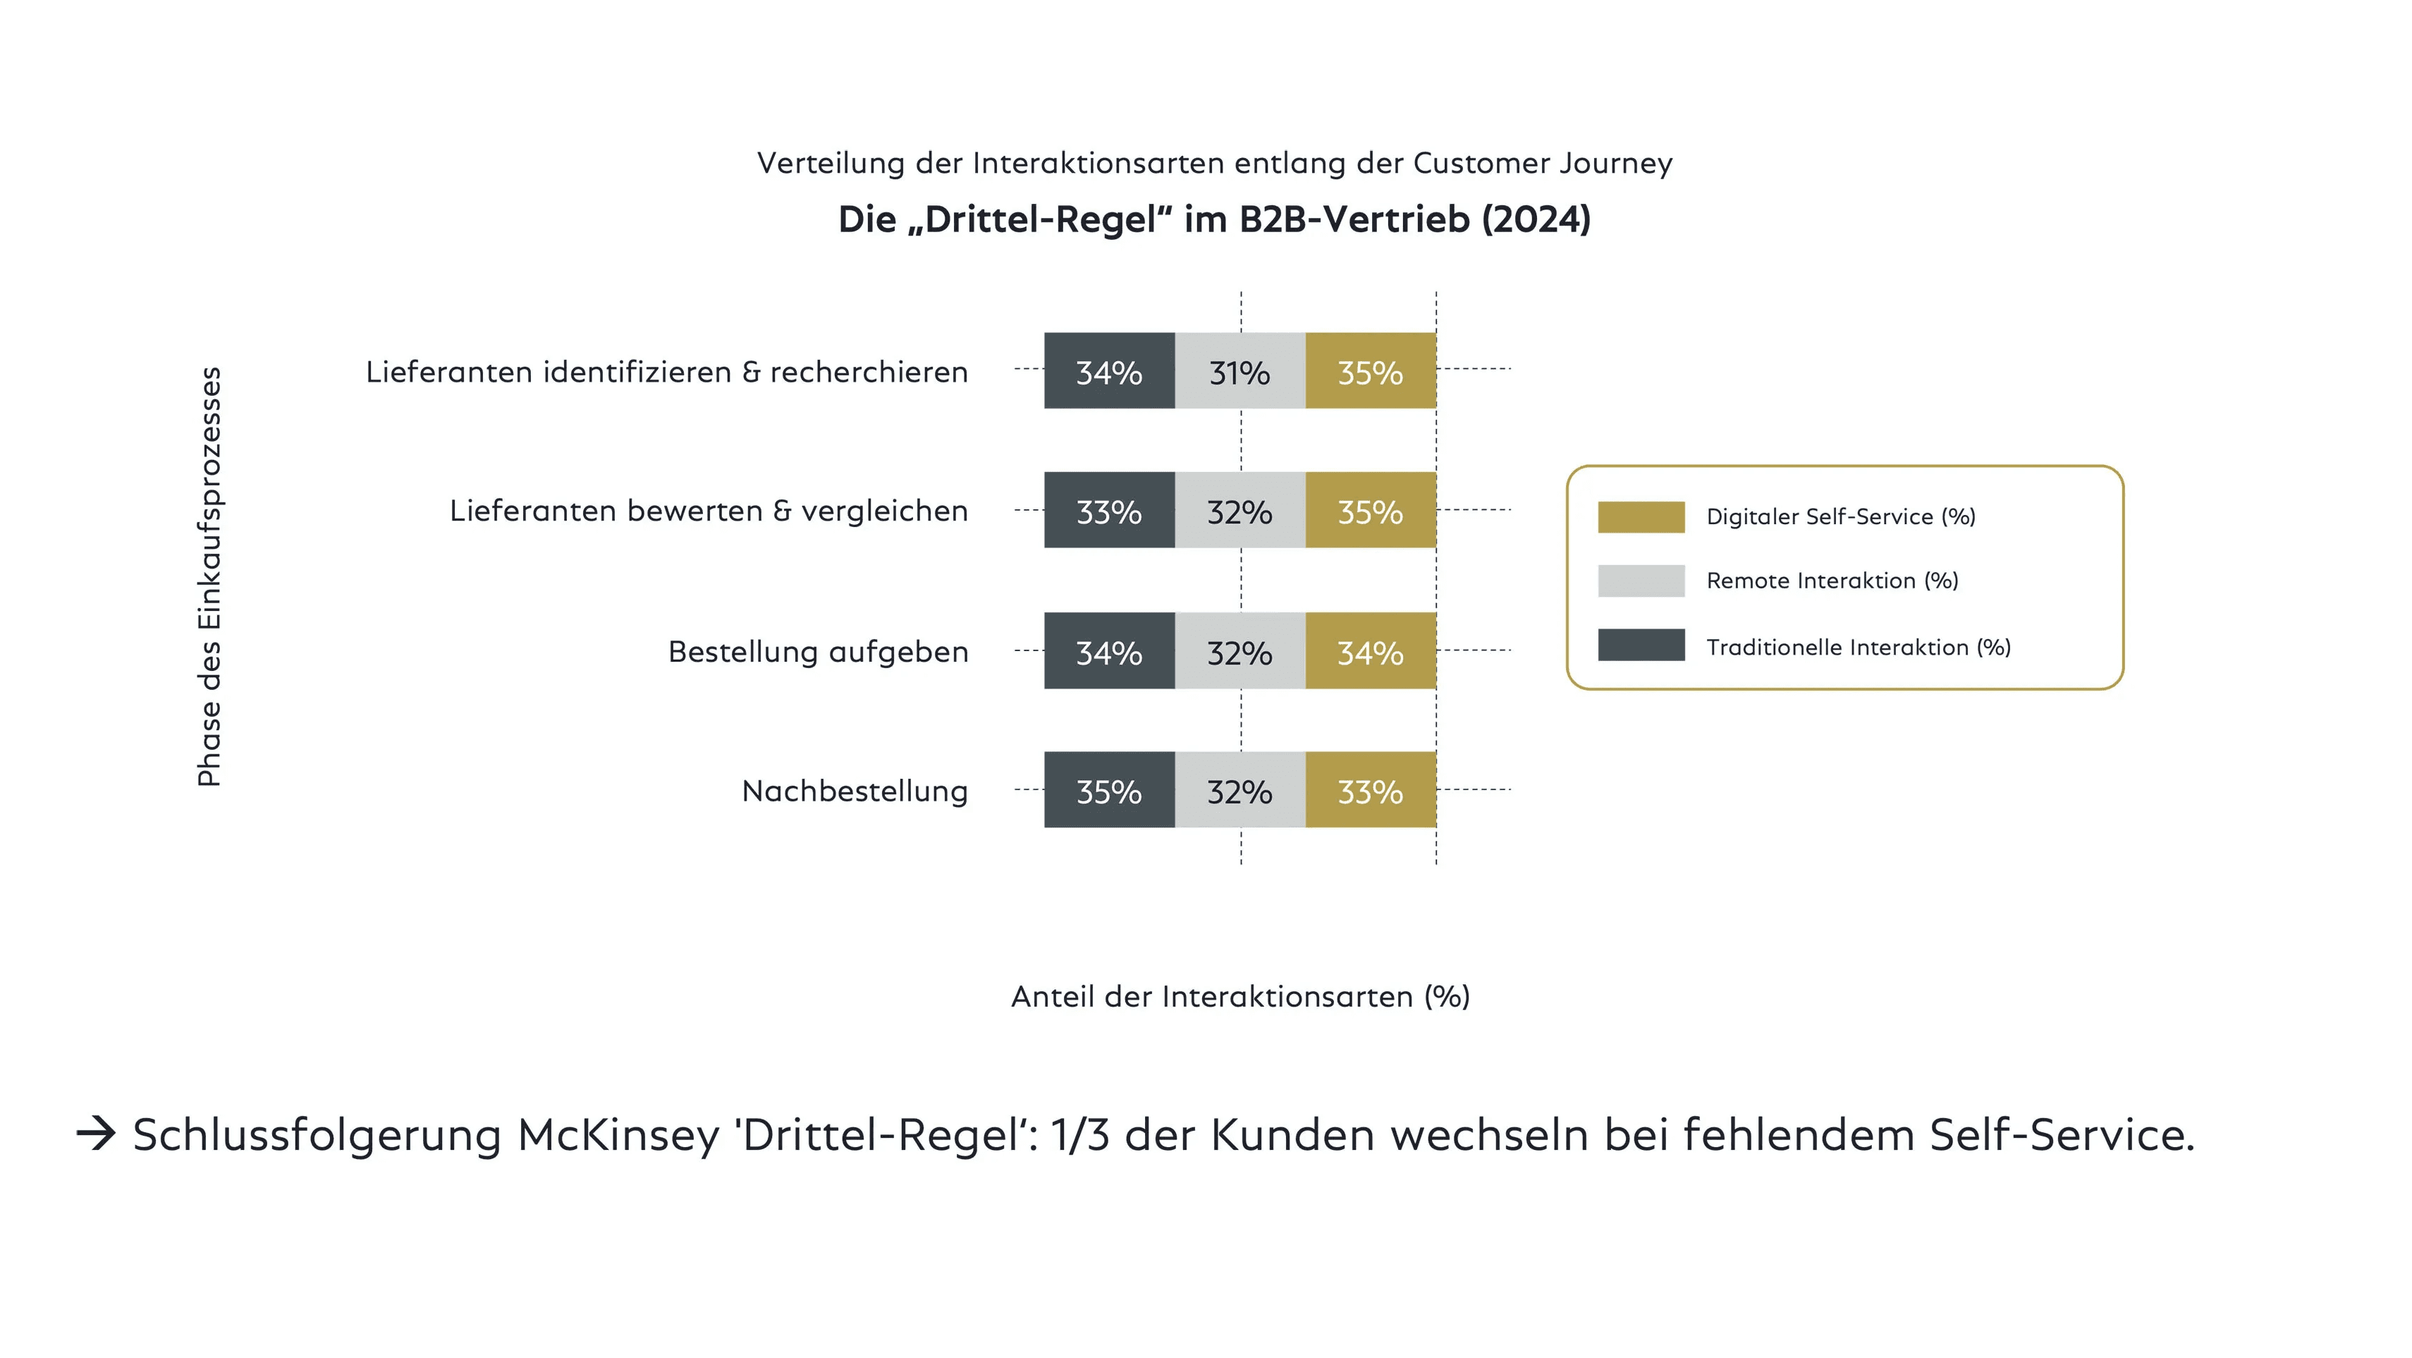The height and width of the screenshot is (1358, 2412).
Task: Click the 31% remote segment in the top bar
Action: [x=1239, y=371]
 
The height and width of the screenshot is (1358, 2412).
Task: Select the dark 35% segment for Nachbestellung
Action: [x=1108, y=789]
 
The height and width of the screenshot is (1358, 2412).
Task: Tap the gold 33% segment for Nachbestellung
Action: [x=1370, y=789]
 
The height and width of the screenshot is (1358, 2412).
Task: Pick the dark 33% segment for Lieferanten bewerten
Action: [x=1108, y=511]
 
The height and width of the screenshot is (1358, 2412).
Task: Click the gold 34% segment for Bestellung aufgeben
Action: [x=1370, y=651]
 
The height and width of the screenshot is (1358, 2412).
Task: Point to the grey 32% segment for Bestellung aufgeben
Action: [x=1239, y=651]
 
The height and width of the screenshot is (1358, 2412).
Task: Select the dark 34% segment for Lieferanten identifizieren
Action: [x=1108, y=371]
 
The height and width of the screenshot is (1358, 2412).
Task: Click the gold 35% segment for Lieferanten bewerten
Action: [x=1370, y=511]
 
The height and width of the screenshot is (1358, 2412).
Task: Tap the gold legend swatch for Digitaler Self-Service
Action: [x=1641, y=517]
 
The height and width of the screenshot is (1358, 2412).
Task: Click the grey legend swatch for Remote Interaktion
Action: [x=1641, y=581]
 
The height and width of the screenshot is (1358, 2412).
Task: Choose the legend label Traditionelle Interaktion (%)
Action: [x=1858, y=647]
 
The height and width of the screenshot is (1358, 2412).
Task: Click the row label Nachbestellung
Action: [x=854, y=792]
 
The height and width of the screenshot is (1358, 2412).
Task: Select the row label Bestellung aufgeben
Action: [x=817, y=652]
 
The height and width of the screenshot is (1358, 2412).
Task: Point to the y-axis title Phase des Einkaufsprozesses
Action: [x=209, y=576]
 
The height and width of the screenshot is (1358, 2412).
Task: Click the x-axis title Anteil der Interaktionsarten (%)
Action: [x=1239, y=997]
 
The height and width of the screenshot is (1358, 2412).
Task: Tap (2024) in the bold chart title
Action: [x=1536, y=220]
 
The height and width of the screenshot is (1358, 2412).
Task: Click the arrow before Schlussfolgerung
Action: [x=95, y=1134]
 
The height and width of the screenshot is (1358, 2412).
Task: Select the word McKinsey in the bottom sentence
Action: [x=618, y=1135]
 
